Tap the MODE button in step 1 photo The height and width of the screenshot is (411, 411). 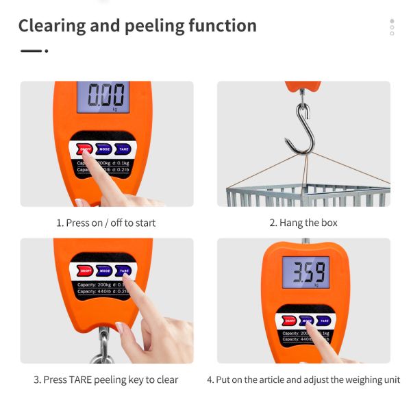pyautogui.click(x=104, y=149)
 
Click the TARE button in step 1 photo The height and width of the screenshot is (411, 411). pyautogui.click(x=123, y=149)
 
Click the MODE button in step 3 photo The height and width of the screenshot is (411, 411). pyautogui.click(x=104, y=270)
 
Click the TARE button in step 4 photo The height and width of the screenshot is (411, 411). pyautogui.click(x=323, y=320)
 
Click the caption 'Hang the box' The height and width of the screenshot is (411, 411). pyautogui.click(x=303, y=223)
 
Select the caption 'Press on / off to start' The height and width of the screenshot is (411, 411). pyautogui.click(x=106, y=223)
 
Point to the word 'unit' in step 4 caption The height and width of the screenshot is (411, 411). pyautogui.click(x=391, y=379)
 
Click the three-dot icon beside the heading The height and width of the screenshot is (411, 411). pyautogui.click(x=392, y=27)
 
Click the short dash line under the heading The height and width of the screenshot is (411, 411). pyautogui.click(x=31, y=51)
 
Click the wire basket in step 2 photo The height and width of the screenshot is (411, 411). pyautogui.click(x=308, y=195)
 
